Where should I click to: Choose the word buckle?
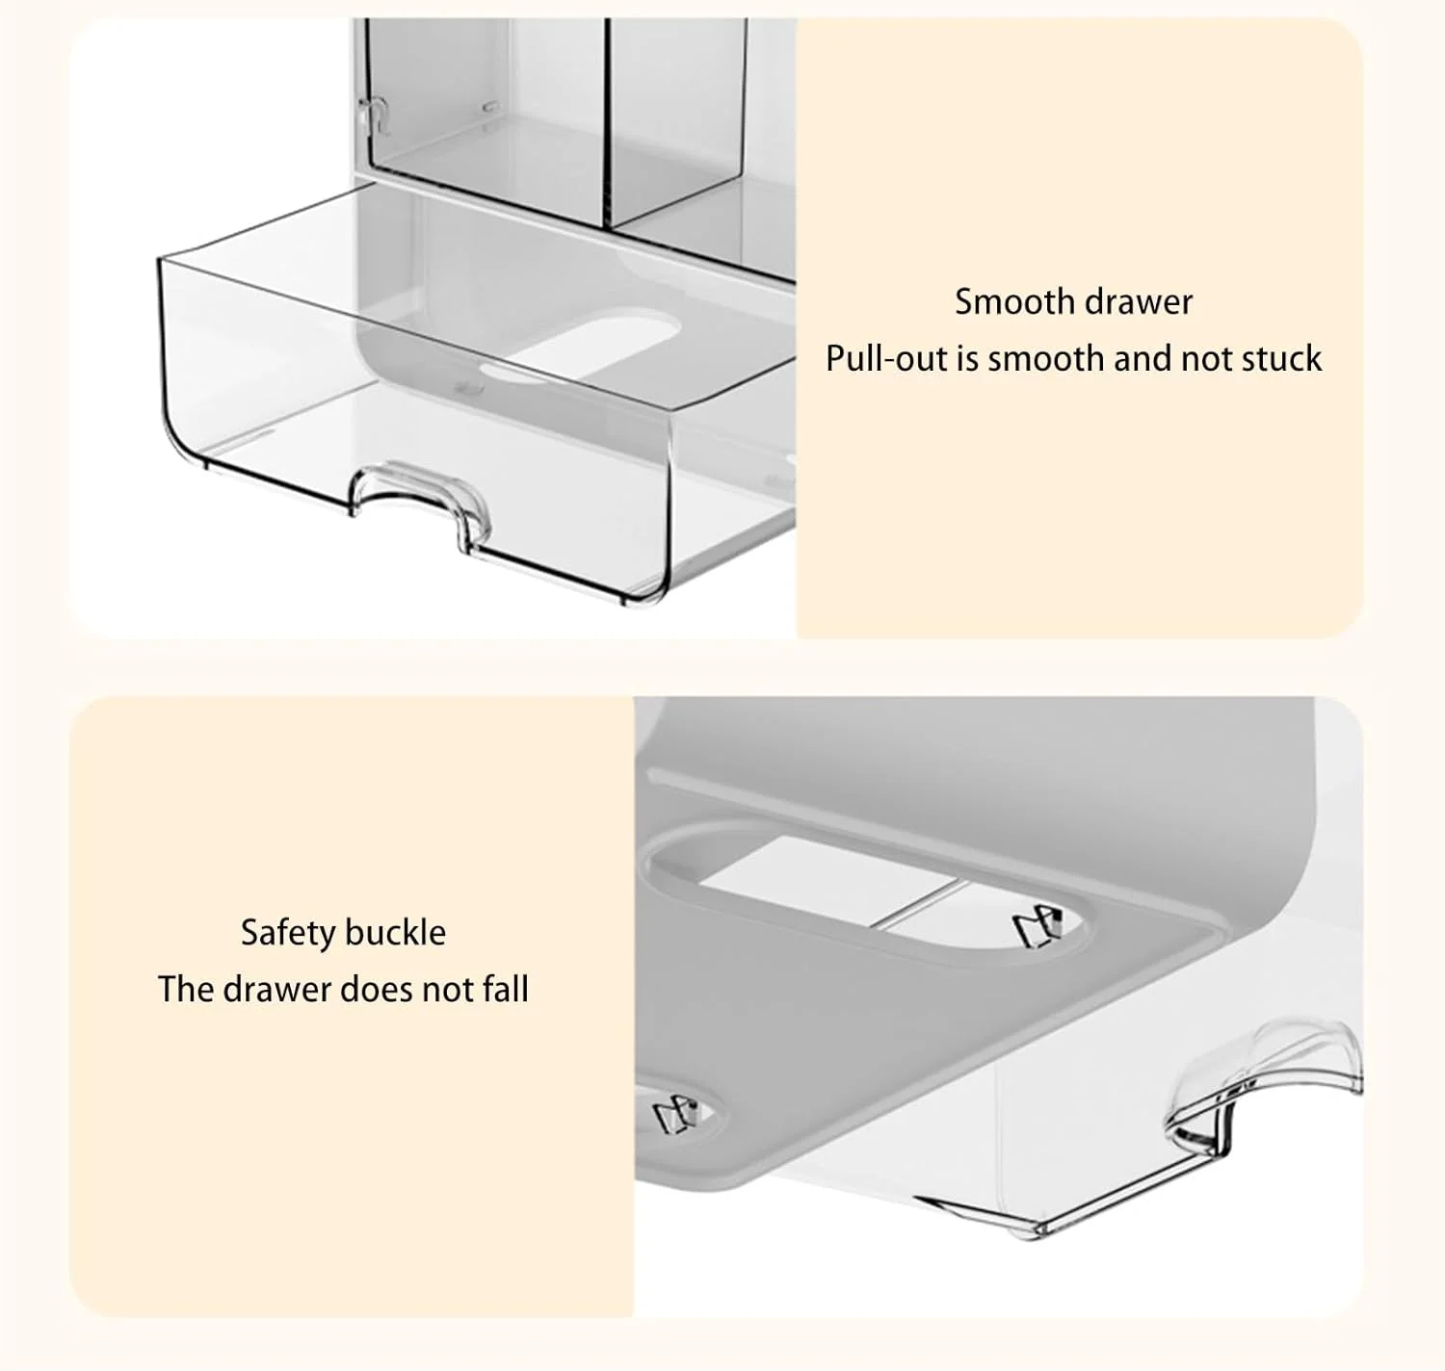coord(395,933)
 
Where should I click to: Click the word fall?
coord(506,990)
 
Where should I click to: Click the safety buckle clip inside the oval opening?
coord(1038,928)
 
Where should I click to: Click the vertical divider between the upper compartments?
coord(608,122)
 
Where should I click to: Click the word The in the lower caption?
coord(185,990)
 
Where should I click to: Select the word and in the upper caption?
coord(1143,359)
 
